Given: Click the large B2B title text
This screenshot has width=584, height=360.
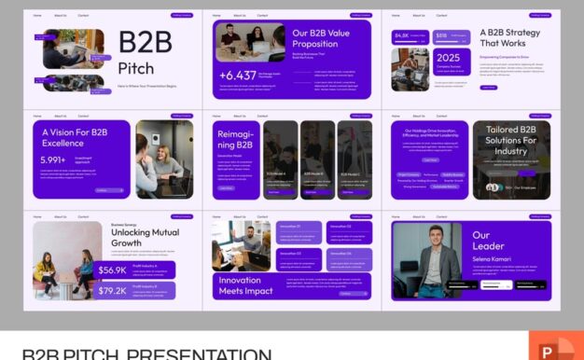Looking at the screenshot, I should [x=145, y=44].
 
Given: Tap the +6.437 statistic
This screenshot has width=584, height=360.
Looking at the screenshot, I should [x=237, y=75].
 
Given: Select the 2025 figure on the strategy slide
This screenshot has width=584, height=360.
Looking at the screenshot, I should [x=448, y=57].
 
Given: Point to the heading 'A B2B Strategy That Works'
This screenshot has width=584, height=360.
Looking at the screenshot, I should [x=509, y=38].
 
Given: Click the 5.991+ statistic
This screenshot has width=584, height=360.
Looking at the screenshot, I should [x=53, y=159].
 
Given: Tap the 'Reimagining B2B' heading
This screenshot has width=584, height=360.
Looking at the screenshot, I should [x=235, y=139].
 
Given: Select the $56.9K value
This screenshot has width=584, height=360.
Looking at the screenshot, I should [x=113, y=270].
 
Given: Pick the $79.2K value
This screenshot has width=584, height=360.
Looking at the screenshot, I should [x=113, y=290].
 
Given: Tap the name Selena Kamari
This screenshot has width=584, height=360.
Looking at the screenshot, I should [x=493, y=256].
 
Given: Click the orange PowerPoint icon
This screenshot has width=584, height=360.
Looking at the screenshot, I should [x=555, y=347].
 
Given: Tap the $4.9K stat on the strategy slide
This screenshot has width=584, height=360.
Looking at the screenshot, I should [x=402, y=35].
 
